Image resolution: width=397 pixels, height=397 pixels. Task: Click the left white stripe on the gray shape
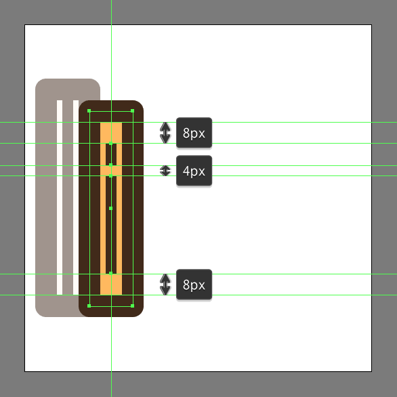pos(60,197)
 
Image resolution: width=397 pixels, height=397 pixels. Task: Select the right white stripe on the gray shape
pos(76,197)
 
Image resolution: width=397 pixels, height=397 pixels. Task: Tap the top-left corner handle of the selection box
pos(89,111)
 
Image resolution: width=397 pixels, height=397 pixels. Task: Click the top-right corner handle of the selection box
pos(132,111)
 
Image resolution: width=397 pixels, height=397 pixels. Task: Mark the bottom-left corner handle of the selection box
pos(89,306)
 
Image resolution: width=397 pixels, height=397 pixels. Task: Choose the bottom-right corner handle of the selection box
pos(132,306)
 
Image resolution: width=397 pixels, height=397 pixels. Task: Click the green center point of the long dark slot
pos(110,209)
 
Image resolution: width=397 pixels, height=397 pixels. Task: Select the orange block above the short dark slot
pos(111,133)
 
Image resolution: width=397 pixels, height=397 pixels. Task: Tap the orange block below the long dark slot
pos(111,285)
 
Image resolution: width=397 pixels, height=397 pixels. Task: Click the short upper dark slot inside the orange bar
pos(111,154)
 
